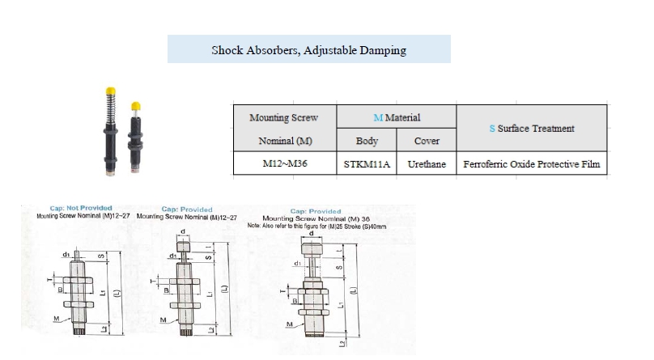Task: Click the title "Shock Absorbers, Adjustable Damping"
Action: tap(308, 50)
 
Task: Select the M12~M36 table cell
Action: tap(283, 164)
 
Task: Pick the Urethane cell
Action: tap(427, 164)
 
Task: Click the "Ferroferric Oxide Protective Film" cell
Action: tap(533, 164)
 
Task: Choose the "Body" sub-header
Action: tap(367, 141)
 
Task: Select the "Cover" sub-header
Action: tap(427, 141)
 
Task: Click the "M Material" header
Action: tap(397, 117)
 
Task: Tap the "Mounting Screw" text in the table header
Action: tap(283, 118)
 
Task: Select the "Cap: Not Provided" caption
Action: tap(81, 208)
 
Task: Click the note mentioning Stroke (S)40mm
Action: tap(317, 226)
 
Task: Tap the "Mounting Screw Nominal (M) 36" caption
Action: tap(317, 218)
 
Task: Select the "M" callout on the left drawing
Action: tap(56, 318)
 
